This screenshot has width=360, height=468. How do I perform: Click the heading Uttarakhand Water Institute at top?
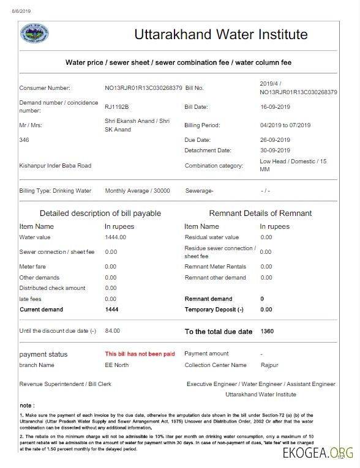221,34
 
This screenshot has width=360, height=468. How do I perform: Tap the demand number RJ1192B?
117,106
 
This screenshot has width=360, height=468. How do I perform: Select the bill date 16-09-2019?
275,106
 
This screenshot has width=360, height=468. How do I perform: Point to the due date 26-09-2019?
275,139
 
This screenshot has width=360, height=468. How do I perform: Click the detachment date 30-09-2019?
275,150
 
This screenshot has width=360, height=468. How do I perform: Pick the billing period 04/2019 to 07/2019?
285,125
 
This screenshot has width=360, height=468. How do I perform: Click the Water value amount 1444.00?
115,237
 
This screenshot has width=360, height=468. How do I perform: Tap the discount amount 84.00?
112,331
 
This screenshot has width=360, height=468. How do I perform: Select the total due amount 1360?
268,331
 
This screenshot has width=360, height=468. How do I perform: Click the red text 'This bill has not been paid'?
140,354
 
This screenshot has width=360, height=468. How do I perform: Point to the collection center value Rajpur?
269,365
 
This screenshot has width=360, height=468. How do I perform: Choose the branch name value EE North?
117,365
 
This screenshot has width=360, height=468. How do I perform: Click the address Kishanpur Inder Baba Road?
55,165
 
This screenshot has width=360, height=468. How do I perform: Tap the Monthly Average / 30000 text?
137,191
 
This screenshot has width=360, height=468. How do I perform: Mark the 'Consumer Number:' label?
45,88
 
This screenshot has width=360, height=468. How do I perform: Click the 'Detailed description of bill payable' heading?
100,214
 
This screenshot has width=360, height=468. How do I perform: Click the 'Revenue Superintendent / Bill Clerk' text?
65,384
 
